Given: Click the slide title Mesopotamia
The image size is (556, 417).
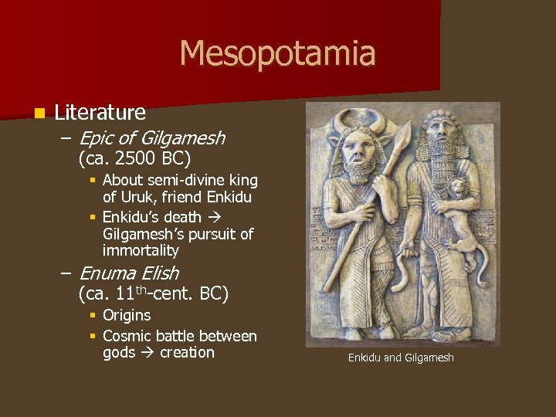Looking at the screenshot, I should tap(277, 54).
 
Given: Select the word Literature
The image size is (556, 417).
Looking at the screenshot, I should tap(100, 113).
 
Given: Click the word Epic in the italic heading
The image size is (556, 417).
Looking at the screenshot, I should tap(97, 139).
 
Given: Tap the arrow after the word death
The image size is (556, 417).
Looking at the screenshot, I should tap(213, 218).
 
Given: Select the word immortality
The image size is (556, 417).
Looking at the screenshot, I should tap(141, 251).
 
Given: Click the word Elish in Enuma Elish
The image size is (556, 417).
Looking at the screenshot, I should tap(160, 273).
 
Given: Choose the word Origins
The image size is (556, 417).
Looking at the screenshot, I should tap(127, 315).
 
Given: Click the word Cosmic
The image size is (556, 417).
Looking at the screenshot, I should tap(127, 336).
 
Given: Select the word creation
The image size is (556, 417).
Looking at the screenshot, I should tap(187, 353).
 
